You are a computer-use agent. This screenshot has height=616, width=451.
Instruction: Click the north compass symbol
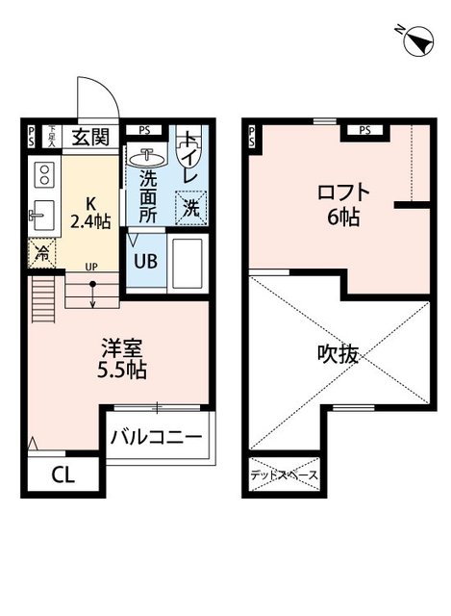[417, 39]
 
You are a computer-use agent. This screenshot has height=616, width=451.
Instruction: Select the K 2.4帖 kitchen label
[91, 213]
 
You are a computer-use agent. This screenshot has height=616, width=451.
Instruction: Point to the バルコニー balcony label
[156, 438]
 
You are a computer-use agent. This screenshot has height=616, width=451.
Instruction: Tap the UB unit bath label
[145, 260]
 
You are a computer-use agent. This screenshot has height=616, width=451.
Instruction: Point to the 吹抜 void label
[338, 354]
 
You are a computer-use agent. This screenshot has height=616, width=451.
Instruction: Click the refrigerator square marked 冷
[42, 254]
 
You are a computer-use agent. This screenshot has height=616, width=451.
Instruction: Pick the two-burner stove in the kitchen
[43, 175]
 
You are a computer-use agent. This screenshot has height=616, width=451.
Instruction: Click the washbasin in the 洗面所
[149, 156]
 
